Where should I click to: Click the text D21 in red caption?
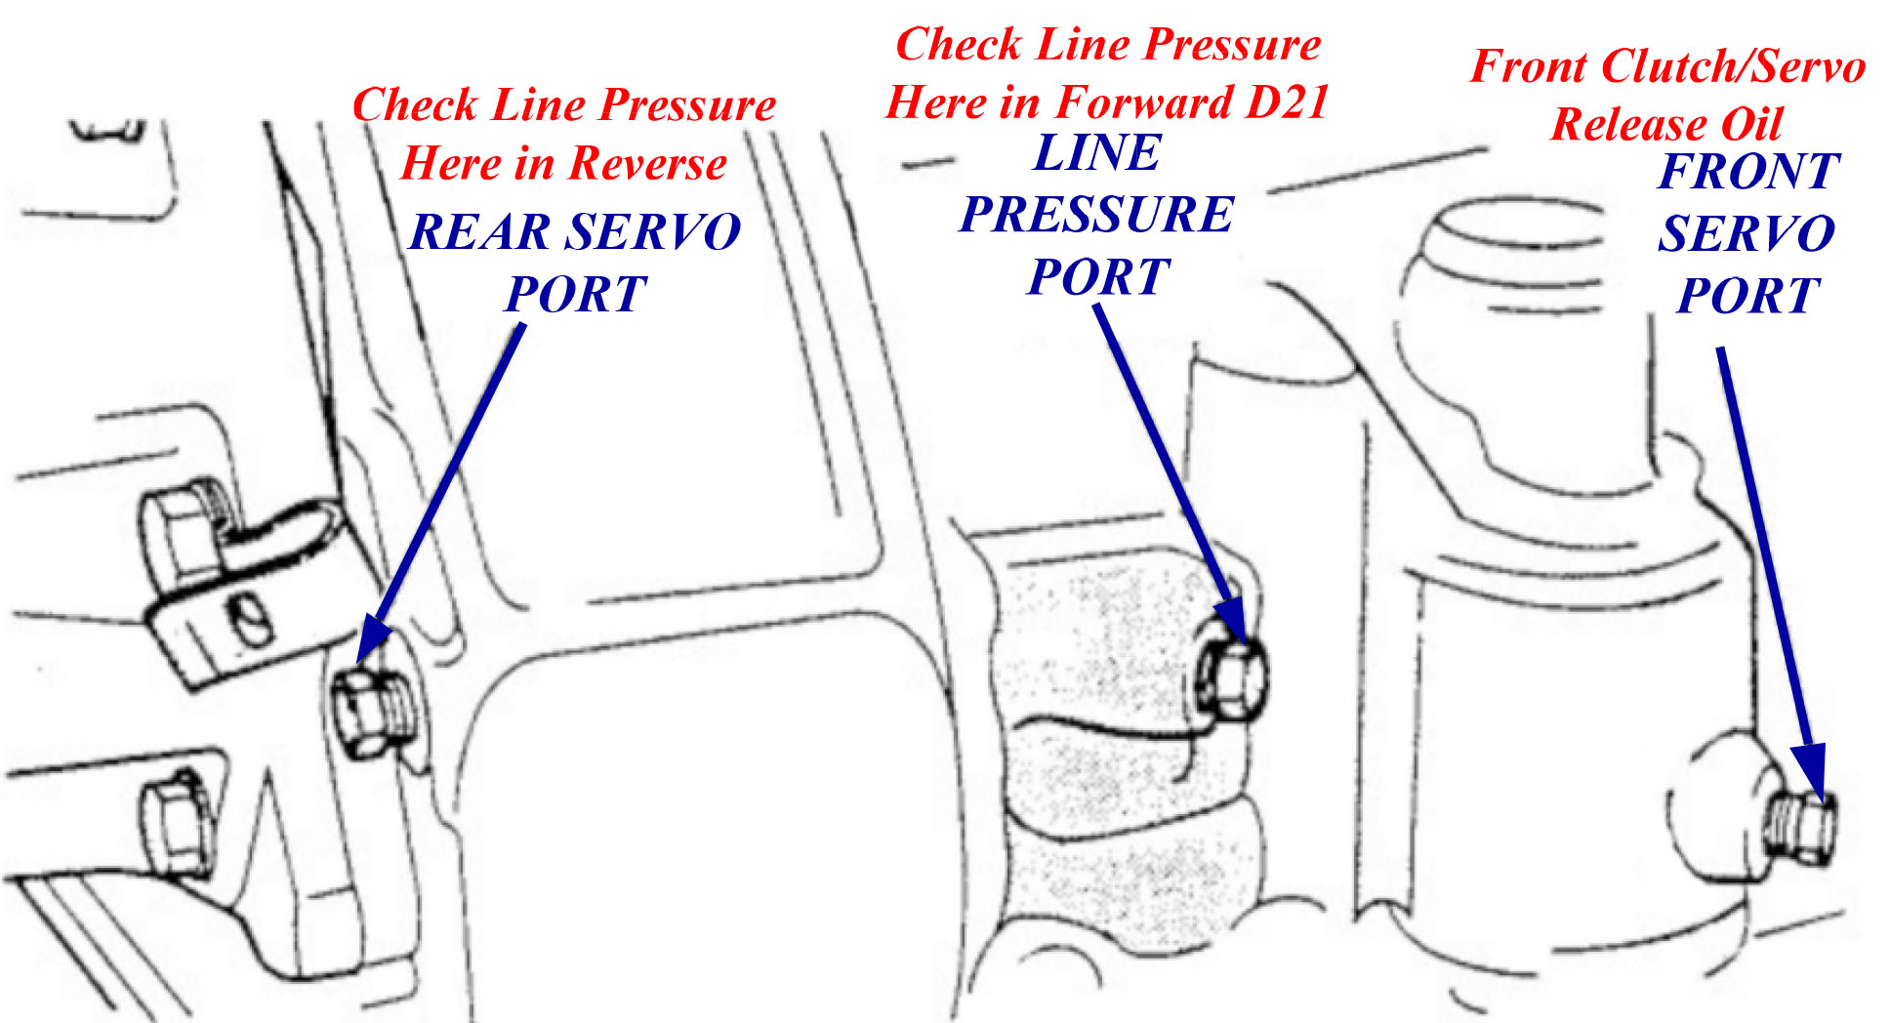point(1289,102)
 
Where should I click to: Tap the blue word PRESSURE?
point(1097,215)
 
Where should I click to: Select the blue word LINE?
point(1097,153)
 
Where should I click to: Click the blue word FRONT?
point(1749,172)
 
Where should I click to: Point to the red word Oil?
point(1751,124)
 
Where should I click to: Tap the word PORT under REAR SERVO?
point(576,294)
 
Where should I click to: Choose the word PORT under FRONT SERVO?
point(1747,295)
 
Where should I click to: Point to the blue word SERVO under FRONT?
point(1747,234)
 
